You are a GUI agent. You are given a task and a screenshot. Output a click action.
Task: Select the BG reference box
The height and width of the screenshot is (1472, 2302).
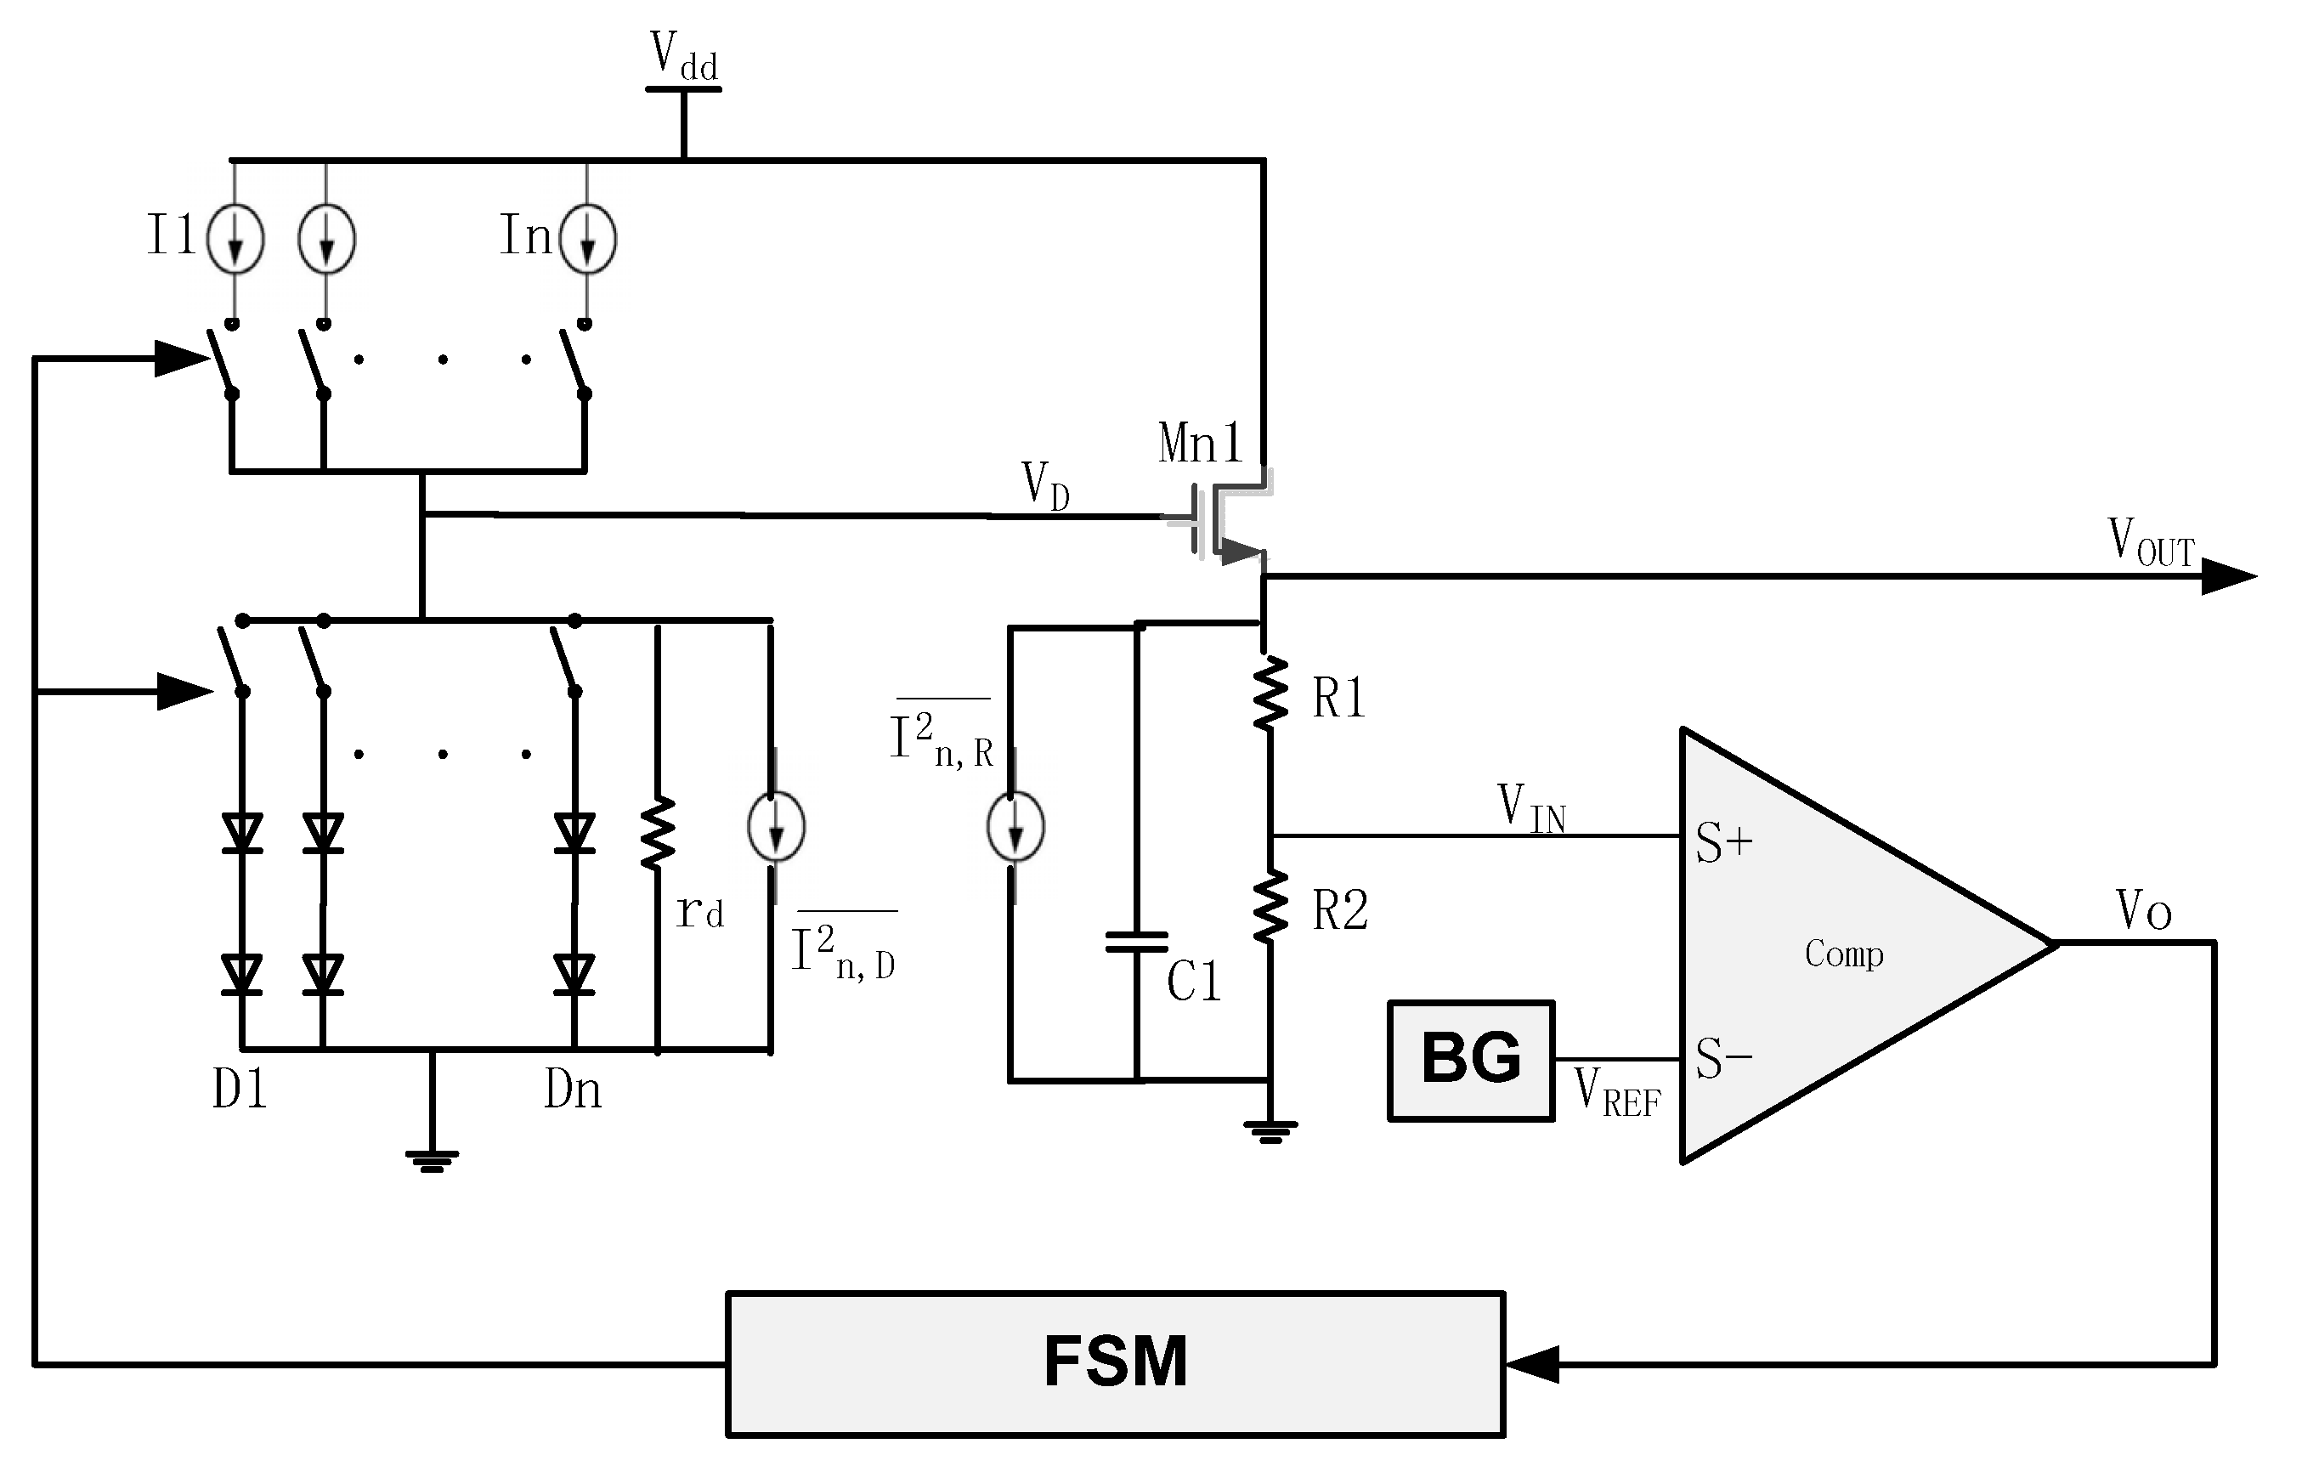tap(1470, 1060)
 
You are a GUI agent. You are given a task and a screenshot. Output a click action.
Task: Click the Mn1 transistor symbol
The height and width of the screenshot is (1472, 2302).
tap(1224, 521)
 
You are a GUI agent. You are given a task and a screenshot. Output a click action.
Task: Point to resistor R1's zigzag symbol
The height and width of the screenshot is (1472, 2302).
tap(1270, 693)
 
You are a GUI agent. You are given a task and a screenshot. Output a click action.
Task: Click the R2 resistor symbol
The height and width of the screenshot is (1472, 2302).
tap(1270, 907)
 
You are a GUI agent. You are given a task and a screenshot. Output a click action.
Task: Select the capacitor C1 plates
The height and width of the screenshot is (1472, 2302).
tap(1137, 943)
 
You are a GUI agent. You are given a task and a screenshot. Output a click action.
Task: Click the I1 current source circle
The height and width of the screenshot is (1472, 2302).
tap(235, 239)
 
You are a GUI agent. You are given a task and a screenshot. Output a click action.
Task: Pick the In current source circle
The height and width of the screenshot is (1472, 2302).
tap(587, 239)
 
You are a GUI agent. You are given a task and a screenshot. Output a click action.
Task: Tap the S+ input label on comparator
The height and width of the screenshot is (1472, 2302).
tap(1723, 843)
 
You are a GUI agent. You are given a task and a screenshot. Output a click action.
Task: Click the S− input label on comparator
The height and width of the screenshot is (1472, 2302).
tap(1723, 1059)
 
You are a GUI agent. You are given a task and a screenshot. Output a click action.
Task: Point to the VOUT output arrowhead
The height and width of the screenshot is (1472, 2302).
tap(2230, 576)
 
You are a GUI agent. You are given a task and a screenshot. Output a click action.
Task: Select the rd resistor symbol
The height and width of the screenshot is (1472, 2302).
tap(658, 833)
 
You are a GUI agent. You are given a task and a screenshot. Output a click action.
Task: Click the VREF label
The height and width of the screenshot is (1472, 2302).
tap(1618, 1091)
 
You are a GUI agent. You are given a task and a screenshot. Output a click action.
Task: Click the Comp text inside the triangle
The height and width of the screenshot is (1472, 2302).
tap(1844, 954)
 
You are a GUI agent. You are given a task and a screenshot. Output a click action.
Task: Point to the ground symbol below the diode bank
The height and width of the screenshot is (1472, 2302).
tap(432, 1160)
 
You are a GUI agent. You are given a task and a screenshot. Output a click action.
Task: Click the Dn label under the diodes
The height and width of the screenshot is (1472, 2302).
tap(573, 1090)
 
